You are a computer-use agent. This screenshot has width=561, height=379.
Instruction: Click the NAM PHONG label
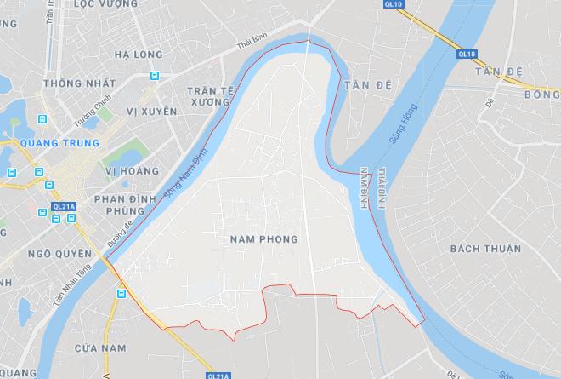point(264,240)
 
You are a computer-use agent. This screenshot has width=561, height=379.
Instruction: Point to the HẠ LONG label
point(138,55)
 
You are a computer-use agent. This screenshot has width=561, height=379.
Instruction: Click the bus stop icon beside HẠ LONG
point(154,75)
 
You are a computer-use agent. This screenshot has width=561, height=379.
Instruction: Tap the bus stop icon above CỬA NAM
point(122,294)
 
